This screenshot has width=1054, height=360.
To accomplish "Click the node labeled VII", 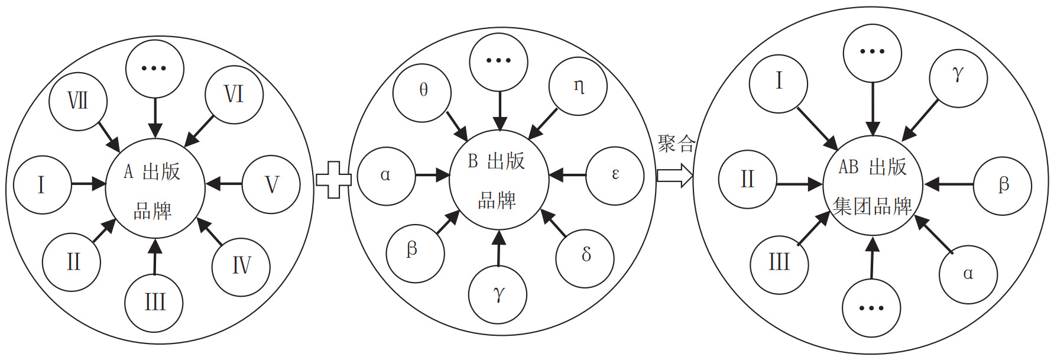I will pyautogui.click(x=77, y=101).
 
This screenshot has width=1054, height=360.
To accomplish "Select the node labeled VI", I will pyautogui.click(x=234, y=95).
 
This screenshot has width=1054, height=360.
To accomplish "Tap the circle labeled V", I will pyautogui.click(x=271, y=184).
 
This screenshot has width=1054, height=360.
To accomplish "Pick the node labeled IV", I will pyautogui.click(x=241, y=267).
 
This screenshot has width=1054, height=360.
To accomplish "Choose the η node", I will pyautogui.click(x=578, y=87).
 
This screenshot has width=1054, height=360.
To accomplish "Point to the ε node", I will pyautogui.click(x=615, y=176).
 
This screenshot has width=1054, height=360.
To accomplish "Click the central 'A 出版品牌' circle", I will pyautogui.click(x=155, y=189).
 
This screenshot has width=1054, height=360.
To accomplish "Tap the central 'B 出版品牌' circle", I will pyautogui.click(x=499, y=180).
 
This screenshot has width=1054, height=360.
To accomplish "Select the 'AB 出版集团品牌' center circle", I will pyautogui.click(x=873, y=186).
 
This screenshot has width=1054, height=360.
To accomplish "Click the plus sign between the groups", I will pyautogui.click(x=333, y=179).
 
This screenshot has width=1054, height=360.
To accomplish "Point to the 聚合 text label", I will pyautogui.click(x=676, y=144).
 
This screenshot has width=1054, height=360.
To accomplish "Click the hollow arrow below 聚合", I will pyautogui.click(x=674, y=176).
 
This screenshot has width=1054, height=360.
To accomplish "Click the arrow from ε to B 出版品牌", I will pyautogui.click(x=567, y=176).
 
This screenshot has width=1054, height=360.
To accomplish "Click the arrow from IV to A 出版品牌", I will pyautogui.click(x=209, y=231).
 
